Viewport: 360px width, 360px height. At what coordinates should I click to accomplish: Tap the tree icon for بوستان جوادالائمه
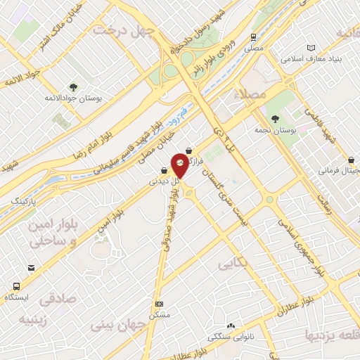click(x=73, y=88)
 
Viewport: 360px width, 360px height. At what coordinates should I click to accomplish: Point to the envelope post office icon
click(x=31, y=267)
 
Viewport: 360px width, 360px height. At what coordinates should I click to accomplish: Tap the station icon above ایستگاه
click(x=15, y=286)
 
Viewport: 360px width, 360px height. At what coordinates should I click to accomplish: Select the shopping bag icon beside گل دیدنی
click(x=164, y=169)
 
